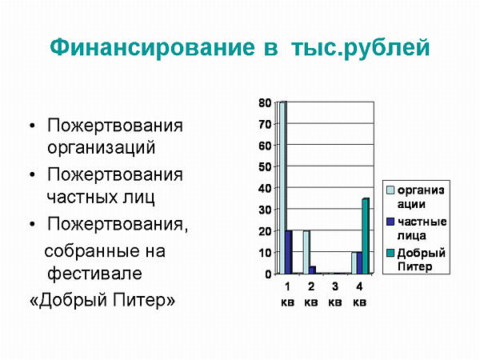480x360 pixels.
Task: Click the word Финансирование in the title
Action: coord(153,47)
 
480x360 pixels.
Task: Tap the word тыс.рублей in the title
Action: coord(360,48)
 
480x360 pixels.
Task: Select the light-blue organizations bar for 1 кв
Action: coord(283,188)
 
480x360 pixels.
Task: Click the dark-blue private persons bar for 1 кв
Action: coord(288,252)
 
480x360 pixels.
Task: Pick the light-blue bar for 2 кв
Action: coord(306,252)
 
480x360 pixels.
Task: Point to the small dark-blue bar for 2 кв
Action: coord(312,270)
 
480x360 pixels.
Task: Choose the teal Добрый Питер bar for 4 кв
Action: coord(366,236)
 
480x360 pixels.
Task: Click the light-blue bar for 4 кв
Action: coord(354,262)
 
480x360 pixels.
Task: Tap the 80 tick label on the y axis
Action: coord(265,103)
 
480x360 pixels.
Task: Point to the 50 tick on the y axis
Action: coord(265,167)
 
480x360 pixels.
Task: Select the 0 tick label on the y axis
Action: coord(269,274)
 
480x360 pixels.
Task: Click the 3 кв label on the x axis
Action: coord(335,294)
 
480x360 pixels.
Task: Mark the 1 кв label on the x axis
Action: coord(287,294)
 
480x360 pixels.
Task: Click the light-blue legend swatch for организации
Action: coord(390,190)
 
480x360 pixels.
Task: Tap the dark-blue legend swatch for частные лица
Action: coord(390,222)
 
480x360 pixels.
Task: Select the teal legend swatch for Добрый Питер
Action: coord(390,253)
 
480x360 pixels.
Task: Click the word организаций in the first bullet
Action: coord(102,148)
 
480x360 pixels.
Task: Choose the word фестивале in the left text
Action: coord(94,272)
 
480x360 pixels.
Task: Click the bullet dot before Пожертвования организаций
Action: coord(33,126)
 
